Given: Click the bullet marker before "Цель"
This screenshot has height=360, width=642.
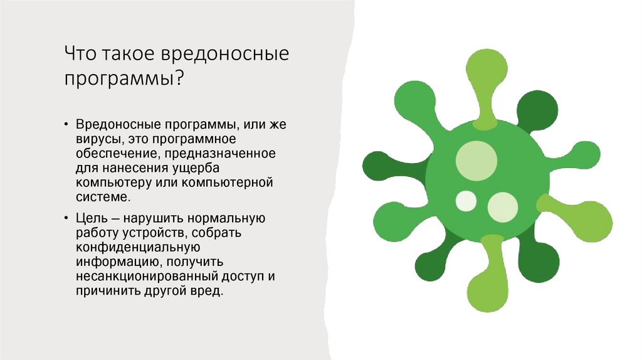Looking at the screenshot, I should coord(66,220).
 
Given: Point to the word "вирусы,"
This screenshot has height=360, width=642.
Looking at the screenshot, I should coord(97,139).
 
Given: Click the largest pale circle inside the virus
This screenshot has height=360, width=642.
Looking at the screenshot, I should coord(476,161).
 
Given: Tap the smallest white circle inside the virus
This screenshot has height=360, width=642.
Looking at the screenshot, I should coord(466,201).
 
